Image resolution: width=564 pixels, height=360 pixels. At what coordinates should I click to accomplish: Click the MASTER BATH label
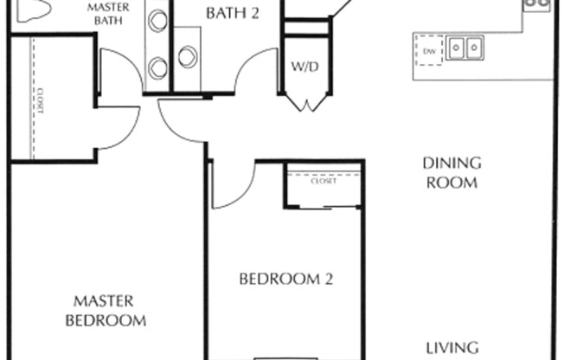[x=108, y=14]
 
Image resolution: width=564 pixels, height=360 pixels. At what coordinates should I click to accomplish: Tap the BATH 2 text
[x=233, y=13]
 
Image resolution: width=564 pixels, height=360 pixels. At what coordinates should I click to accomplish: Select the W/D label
[x=304, y=67]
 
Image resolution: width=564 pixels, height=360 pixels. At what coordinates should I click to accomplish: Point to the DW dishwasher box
[x=429, y=51]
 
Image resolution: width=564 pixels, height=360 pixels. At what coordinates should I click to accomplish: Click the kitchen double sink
[x=465, y=48]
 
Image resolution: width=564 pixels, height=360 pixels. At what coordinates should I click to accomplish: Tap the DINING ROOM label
[x=452, y=173]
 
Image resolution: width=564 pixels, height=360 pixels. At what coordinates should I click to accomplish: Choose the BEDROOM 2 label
[x=286, y=279]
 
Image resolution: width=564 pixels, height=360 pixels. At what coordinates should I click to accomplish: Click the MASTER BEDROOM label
[x=106, y=311]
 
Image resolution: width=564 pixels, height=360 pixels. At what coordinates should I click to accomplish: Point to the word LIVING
[x=452, y=348]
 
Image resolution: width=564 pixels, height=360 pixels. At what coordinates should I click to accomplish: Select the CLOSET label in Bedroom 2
[x=324, y=181]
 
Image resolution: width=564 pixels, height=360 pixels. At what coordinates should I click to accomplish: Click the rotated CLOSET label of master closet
[x=40, y=101]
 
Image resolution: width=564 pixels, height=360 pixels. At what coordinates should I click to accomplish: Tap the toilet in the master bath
[x=33, y=10]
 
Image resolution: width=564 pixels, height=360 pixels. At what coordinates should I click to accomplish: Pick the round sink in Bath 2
[x=188, y=57]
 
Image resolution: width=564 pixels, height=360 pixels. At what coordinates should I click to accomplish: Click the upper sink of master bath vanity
[x=158, y=21]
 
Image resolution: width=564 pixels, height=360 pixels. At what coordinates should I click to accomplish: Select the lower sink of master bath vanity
[x=158, y=68]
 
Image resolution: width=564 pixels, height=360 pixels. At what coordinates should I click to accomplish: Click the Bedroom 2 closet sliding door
[x=324, y=208]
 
